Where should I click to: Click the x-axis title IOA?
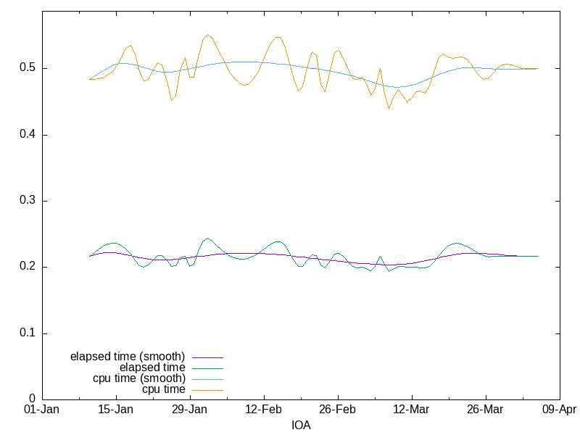pos(301,425)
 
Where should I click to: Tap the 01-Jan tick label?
pos(42,409)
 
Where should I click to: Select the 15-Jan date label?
pos(116,409)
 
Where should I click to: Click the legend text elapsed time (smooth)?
pos(128,357)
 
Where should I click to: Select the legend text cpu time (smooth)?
pos(139,378)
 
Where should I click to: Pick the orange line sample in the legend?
pos(207,390)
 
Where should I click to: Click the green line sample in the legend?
pos(207,368)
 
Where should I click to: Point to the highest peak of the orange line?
pos(207,34)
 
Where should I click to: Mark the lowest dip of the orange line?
pos(389,109)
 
